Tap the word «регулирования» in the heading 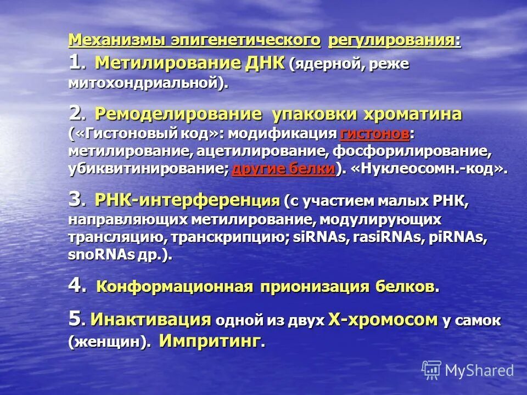[394, 41]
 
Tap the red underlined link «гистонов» [375, 133]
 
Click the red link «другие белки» [283, 169]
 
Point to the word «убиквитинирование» [146, 169]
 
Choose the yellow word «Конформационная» [175, 286]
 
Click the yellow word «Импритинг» [209, 341]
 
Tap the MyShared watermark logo [468, 370]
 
